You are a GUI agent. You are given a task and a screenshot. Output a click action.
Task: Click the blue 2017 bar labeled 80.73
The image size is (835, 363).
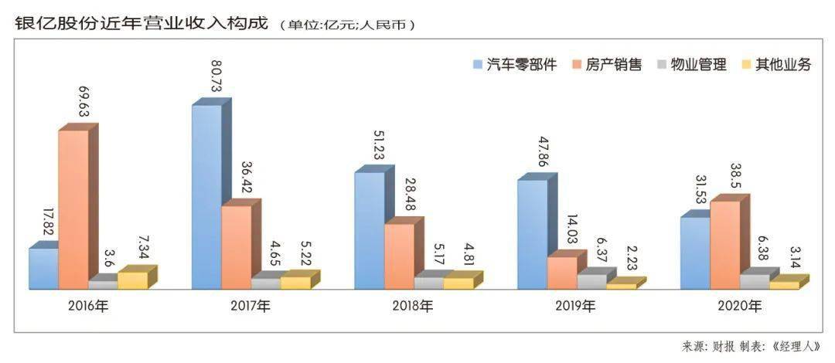pyautogui.click(x=206, y=196)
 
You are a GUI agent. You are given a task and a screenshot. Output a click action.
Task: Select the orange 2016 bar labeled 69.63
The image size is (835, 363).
pyautogui.click(x=73, y=209)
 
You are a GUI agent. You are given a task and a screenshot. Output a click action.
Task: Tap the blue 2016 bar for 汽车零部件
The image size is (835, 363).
pyautogui.click(x=43, y=268)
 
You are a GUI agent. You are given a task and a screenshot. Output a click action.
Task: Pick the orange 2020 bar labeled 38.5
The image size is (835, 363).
pyautogui.click(x=724, y=244)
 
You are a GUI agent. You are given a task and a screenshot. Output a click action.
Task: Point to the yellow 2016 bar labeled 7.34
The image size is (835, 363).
pyautogui.click(x=132, y=280)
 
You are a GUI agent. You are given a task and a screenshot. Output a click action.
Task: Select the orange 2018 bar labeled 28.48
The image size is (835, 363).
pyautogui.click(x=399, y=256)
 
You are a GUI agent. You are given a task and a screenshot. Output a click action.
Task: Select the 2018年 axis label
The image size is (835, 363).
pyautogui.click(x=413, y=307)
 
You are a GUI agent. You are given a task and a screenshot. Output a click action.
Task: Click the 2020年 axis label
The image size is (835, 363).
pyautogui.click(x=738, y=307)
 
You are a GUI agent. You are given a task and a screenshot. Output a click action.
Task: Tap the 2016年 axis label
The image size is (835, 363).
pyautogui.click(x=87, y=307)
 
